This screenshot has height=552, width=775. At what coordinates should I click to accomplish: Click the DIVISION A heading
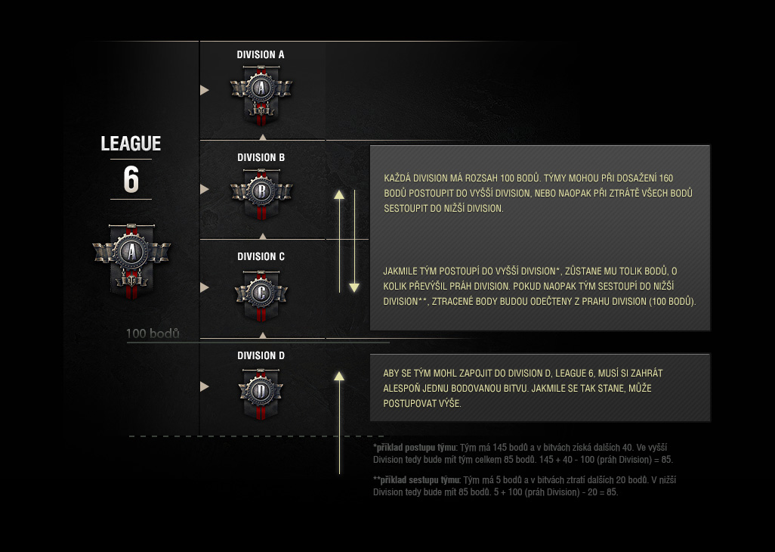[261, 54]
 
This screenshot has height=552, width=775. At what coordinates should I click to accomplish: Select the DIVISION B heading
[261, 157]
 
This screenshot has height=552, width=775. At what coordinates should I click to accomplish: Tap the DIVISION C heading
[261, 256]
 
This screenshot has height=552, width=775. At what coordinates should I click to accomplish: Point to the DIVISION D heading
[261, 355]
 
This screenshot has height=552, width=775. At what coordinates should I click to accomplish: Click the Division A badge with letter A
[261, 91]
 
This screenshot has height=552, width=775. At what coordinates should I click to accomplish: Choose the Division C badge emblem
[261, 292]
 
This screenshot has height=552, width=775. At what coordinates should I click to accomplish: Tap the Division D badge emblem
[261, 391]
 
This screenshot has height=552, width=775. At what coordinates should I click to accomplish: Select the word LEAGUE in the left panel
[131, 144]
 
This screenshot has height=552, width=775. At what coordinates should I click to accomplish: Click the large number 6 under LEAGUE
[131, 180]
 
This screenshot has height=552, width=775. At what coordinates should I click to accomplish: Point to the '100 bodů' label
[153, 333]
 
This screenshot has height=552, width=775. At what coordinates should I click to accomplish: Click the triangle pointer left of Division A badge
[204, 90]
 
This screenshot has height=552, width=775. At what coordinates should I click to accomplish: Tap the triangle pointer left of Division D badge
[204, 386]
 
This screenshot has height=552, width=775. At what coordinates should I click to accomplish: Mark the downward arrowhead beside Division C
[354, 287]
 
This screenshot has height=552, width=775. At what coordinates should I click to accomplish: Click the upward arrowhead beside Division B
[339, 194]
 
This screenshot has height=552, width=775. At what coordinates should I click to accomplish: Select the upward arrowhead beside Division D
[339, 375]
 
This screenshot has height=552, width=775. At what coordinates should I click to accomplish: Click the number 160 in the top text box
[665, 178]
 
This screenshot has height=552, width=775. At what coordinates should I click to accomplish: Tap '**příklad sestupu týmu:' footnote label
[417, 479]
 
